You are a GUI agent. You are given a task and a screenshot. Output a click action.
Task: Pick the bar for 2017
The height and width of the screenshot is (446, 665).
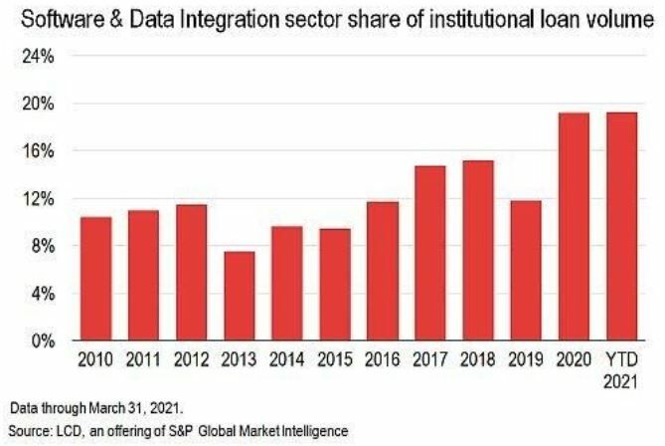429,253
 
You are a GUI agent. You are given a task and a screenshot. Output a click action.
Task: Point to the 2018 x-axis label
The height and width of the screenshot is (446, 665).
478,360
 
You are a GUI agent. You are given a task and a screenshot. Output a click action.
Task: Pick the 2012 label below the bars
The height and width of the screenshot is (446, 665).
191,360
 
